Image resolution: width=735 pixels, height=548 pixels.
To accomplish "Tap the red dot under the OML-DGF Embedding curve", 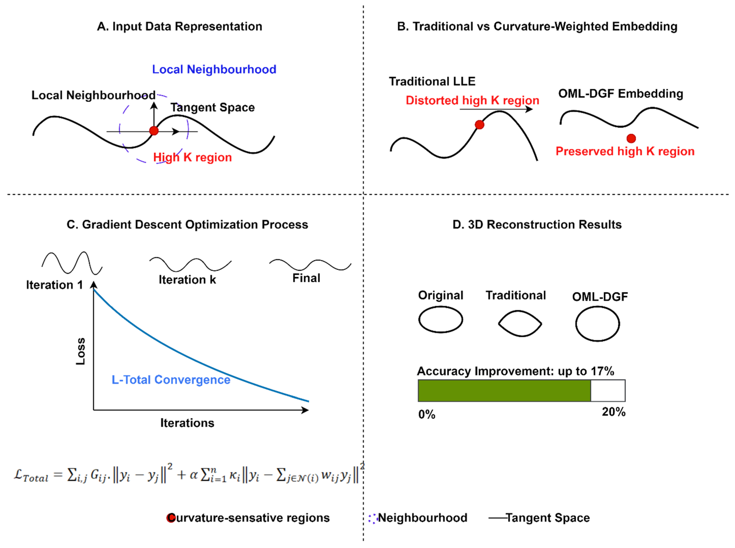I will pyautogui.click(x=631, y=138).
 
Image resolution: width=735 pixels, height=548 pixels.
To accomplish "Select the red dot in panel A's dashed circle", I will pyautogui.click(x=154, y=131).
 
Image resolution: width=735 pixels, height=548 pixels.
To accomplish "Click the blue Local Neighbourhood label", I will pyautogui.click(x=214, y=69).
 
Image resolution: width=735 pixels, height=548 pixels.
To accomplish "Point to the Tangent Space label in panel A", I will pyautogui.click(x=213, y=107).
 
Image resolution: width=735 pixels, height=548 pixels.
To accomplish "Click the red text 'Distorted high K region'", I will pyautogui.click(x=472, y=100).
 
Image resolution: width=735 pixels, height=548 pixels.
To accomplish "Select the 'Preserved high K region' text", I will pyautogui.click(x=625, y=151).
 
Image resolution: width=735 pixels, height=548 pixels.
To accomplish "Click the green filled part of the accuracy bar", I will pyautogui.click(x=504, y=391).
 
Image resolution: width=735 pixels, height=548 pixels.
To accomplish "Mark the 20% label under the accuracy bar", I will pyautogui.click(x=613, y=412).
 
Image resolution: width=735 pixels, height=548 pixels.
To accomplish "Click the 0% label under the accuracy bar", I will pyautogui.click(x=426, y=414).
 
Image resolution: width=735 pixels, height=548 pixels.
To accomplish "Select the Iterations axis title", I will pyautogui.click(x=187, y=423).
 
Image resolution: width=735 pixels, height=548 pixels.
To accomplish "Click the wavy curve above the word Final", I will pyautogui.click(x=310, y=265).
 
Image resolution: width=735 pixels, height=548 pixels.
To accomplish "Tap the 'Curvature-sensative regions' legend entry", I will pyautogui.click(x=249, y=518).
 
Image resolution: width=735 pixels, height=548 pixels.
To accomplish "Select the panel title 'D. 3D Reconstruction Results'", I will pyautogui.click(x=537, y=225).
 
